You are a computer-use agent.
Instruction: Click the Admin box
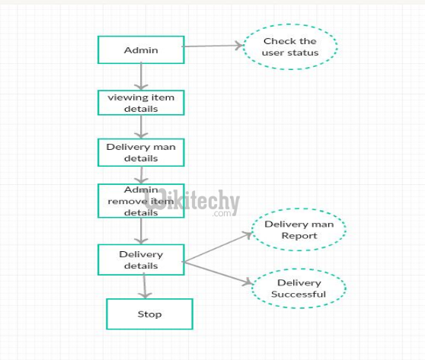pyautogui.click(x=141, y=50)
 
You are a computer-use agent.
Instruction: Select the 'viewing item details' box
pyautogui.click(x=141, y=104)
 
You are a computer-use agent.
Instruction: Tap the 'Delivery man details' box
pyautogui.click(x=141, y=152)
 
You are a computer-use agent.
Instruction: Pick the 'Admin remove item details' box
pyautogui.click(x=141, y=201)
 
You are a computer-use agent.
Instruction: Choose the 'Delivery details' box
pyautogui.click(x=141, y=260)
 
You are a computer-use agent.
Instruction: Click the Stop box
pyautogui.click(x=149, y=314)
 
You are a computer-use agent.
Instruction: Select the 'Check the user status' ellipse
pyautogui.click(x=290, y=46)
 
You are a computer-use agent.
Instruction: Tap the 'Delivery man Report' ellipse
pyautogui.click(x=299, y=230)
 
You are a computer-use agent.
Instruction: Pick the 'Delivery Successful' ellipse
pyautogui.click(x=299, y=288)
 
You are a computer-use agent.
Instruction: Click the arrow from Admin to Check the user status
pyautogui.click(x=213, y=46)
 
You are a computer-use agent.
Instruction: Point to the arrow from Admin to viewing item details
pyautogui.click(x=141, y=77)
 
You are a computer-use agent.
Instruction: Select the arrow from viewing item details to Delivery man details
pyautogui.click(x=141, y=127)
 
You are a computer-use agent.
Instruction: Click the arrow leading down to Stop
pyautogui.click(x=145, y=286)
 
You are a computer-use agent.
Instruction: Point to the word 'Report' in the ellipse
pyautogui.click(x=299, y=236)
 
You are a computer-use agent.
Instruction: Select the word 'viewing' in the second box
pyautogui.click(x=125, y=97)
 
